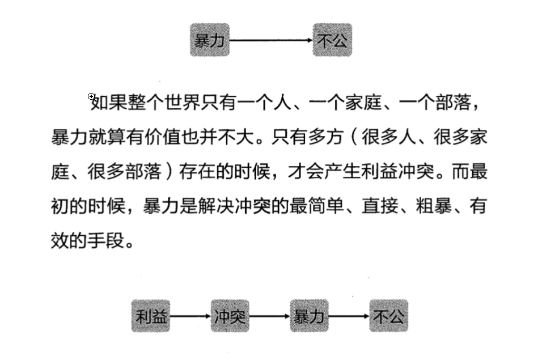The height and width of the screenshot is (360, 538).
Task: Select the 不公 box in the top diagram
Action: [x=332, y=40]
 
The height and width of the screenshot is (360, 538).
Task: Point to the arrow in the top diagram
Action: [x=271, y=40]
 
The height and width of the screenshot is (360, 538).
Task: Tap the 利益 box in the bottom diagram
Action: [x=151, y=316]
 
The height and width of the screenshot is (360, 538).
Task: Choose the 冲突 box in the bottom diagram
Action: [x=230, y=316]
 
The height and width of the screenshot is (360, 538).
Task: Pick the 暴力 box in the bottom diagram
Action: [x=309, y=316]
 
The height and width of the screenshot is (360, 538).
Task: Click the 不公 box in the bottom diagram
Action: [x=388, y=316]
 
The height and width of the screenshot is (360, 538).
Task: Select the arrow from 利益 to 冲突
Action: [x=190, y=316]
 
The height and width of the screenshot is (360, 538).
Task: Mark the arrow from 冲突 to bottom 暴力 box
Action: [x=270, y=316]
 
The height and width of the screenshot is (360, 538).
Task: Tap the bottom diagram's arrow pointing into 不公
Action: [x=349, y=316]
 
